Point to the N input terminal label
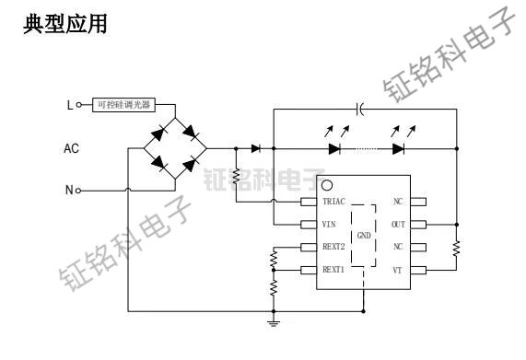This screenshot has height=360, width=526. pyautogui.click(x=69, y=191)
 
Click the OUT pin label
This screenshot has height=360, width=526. pyautogui.click(x=398, y=223)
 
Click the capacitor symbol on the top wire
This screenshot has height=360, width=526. pyautogui.click(x=360, y=109)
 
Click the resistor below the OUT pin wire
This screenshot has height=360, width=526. pyautogui.click(x=456, y=246)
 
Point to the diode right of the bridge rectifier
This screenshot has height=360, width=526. pyautogui.click(x=254, y=147)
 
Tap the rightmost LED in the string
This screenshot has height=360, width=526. pyautogui.click(x=397, y=147)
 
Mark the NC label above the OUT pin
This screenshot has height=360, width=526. pyautogui.click(x=398, y=201)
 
